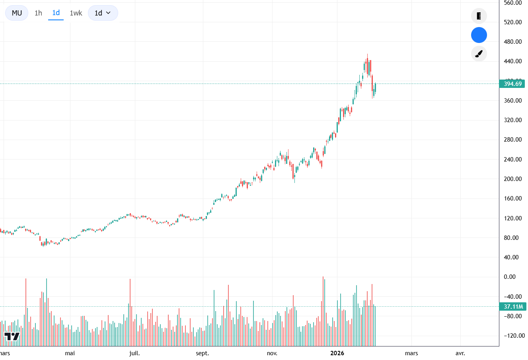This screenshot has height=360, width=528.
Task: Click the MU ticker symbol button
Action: pos(17,13)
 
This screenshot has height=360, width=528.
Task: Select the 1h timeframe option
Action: pos(38,13)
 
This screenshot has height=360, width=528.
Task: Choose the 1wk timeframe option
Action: pos(76,13)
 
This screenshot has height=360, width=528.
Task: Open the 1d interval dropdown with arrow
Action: pos(103,13)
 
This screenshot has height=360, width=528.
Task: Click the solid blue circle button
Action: pos(479,35)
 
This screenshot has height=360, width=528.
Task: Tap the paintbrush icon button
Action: pos(479,54)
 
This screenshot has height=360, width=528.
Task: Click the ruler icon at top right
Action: pos(479,16)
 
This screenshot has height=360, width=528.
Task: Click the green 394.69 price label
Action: pos(512,84)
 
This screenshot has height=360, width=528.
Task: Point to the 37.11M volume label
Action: pos(513,307)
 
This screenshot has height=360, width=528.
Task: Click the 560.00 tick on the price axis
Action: pos(512,3)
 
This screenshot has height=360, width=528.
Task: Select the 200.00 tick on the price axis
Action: pos(512,179)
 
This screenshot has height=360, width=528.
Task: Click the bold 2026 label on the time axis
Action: pos(337,353)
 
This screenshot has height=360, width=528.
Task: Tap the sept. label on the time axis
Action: pos(202,353)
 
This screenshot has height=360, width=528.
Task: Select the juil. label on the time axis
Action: pos(134,353)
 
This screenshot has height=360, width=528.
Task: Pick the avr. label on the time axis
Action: pos(460,353)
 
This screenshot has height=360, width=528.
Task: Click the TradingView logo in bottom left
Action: pos(12,337)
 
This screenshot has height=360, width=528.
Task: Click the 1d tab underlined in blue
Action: pos(56,13)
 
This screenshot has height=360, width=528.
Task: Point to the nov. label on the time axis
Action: pos(272,353)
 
